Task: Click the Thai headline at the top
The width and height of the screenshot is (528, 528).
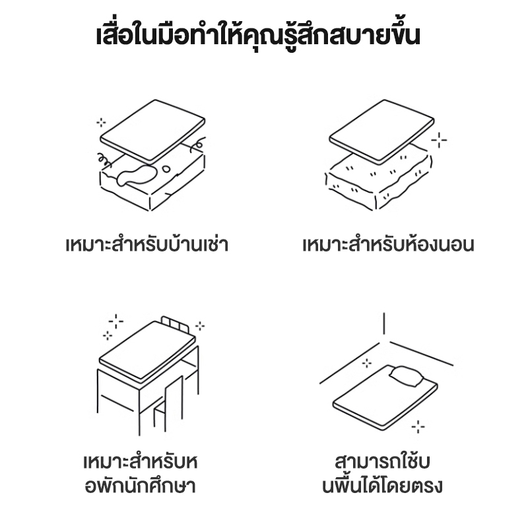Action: (x=258, y=34)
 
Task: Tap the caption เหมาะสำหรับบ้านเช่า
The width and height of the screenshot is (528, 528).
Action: (x=147, y=244)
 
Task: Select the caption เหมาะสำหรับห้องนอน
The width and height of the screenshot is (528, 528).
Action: (x=388, y=244)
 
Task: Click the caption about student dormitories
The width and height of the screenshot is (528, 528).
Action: (x=141, y=474)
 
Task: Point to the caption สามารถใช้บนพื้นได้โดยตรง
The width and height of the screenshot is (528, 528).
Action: (x=382, y=474)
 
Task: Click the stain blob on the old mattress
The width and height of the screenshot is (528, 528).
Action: (x=137, y=174)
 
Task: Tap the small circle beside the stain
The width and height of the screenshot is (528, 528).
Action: (x=166, y=169)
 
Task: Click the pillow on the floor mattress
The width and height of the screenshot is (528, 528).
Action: (x=407, y=376)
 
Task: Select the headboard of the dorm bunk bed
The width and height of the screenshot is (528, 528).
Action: (x=175, y=323)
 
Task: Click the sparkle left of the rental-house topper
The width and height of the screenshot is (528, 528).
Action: (x=101, y=122)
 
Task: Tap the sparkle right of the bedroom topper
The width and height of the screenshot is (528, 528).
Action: (x=439, y=140)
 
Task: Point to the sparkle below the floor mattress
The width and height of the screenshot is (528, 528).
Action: (x=418, y=426)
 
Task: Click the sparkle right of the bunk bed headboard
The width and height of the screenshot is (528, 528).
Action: (x=200, y=326)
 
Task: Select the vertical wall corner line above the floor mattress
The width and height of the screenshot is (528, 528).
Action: (x=384, y=323)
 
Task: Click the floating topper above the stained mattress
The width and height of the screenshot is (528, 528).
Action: (x=152, y=131)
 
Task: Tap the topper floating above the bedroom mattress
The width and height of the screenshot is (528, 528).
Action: (x=381, y=131)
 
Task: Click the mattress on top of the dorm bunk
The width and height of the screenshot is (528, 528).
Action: (x=147, y=352)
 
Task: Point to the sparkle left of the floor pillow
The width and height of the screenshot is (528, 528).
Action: (x=367, y=363)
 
